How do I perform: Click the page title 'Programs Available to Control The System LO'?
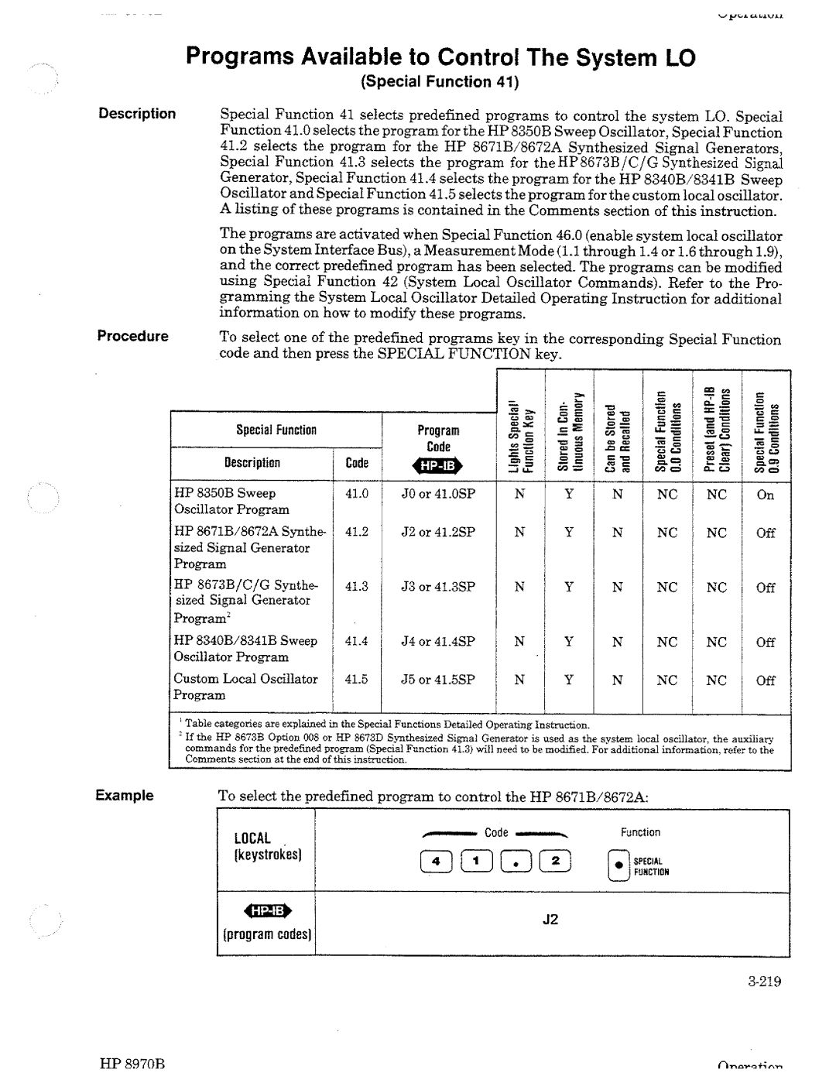(x=440, y=58)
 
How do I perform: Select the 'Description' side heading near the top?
(x=137, y=114)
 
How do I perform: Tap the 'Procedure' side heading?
(x=132, y=336)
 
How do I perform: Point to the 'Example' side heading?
(x=125, y=796)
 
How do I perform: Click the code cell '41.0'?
(x=356, y=494)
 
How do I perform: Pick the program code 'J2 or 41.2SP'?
(x=437, y=533)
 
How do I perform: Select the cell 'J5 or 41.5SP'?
(x=437, y=680)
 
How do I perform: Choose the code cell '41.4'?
(x=356, y=641)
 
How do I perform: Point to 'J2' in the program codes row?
(x=550, y=920)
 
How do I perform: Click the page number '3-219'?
(x=765, y=982)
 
